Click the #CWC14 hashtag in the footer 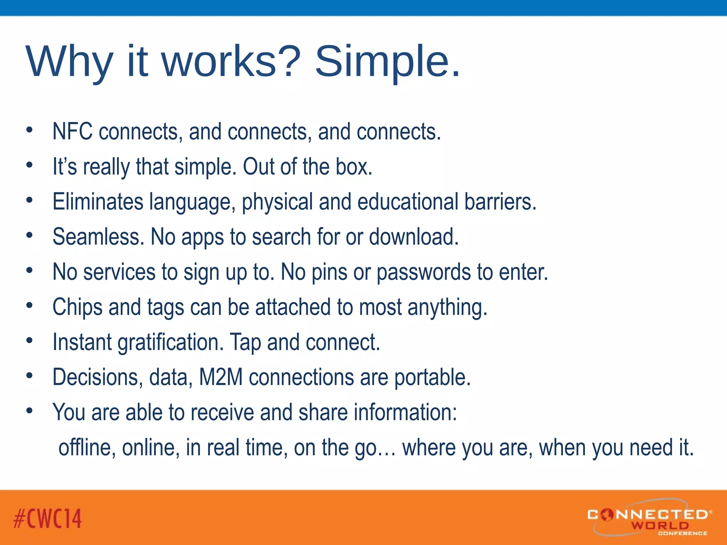[48, 518]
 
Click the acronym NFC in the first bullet [72, 132]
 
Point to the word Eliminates [98, 202]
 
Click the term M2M [220, 377]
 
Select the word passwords [423, 272]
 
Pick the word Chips [77, 307]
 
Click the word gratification [170, 342]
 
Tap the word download [413, 237]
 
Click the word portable [432, 377]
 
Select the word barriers [500, 202]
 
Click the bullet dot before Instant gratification [29, 341]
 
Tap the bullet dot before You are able [29, 411]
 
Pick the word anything [447, 307]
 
